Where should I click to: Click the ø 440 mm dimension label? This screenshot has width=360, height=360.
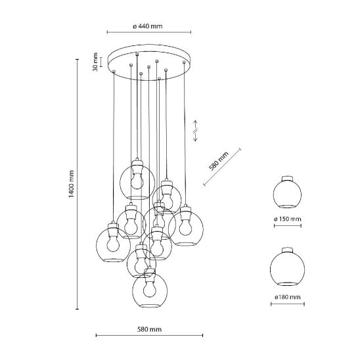[x=148, y=26]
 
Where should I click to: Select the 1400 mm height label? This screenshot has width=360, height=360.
[x=71, y=184]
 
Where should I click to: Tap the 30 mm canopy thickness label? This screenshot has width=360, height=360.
[x=95, y=62]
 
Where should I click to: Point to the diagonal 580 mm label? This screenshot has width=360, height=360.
[x=219, y=161]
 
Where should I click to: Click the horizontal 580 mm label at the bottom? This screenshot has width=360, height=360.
[x=149, y=330]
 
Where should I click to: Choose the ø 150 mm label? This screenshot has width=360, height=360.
[x=288, y=219]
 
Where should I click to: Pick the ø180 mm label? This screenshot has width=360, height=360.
[x=288, y=297]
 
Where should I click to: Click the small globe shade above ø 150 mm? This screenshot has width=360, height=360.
[x=288, y=192]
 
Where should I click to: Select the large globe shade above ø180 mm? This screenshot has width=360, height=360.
[x=288, y=267]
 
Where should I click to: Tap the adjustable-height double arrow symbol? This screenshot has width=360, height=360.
[x=195, y=131]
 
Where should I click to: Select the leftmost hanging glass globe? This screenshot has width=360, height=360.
[x=113, y=245]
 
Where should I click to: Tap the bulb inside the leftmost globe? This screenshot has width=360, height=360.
[x=113, y=244]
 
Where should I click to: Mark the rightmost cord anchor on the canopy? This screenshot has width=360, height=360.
[x=184, y=62]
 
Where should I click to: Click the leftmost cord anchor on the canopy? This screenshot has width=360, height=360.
[x=114, y=72]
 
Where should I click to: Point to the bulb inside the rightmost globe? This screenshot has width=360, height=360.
[x=185, y=228]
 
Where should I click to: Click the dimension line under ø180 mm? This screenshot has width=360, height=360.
[x=288, y=304]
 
